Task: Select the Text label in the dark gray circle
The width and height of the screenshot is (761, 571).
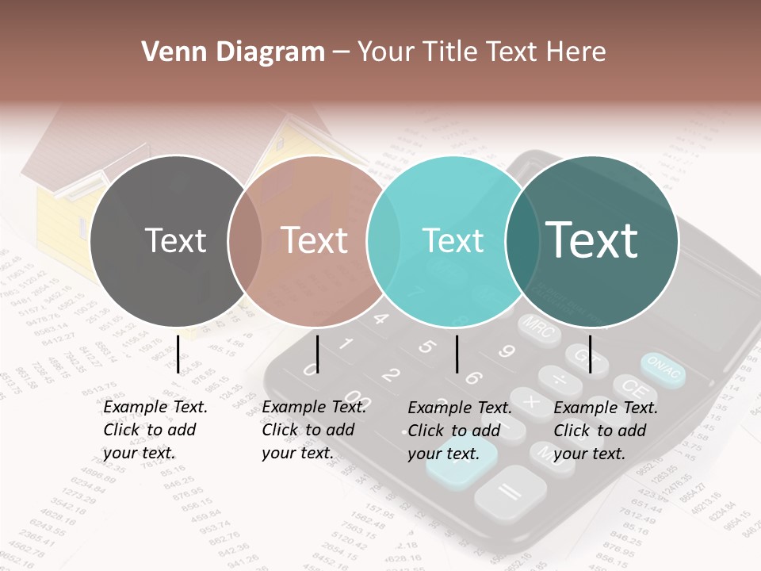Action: tap(176, 240)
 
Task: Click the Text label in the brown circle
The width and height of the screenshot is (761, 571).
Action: tap(315, 240)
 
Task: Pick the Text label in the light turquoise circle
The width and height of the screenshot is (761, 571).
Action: tap(453, 240)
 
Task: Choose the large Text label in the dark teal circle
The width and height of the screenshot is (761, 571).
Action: tap(592, 240)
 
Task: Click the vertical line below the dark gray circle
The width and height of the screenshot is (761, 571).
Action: tap(178, 354)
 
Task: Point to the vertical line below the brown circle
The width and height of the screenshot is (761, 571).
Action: tap(317, 354)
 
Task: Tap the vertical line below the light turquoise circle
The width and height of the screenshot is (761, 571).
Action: tap(457, 354)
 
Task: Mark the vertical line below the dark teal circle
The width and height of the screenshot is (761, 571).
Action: tap(590, 354)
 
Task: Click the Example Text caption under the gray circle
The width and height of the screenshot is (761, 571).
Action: tap(155, 430)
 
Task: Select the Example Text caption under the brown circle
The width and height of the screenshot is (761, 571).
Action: tap(313, 430)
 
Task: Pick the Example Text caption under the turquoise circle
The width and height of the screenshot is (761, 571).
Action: tap(459, 431)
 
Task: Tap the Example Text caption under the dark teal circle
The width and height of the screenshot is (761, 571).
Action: tap(605, 431)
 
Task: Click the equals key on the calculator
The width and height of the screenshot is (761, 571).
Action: tap(510, 492)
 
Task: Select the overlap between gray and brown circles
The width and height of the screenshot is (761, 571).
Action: tap(245, 240)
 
